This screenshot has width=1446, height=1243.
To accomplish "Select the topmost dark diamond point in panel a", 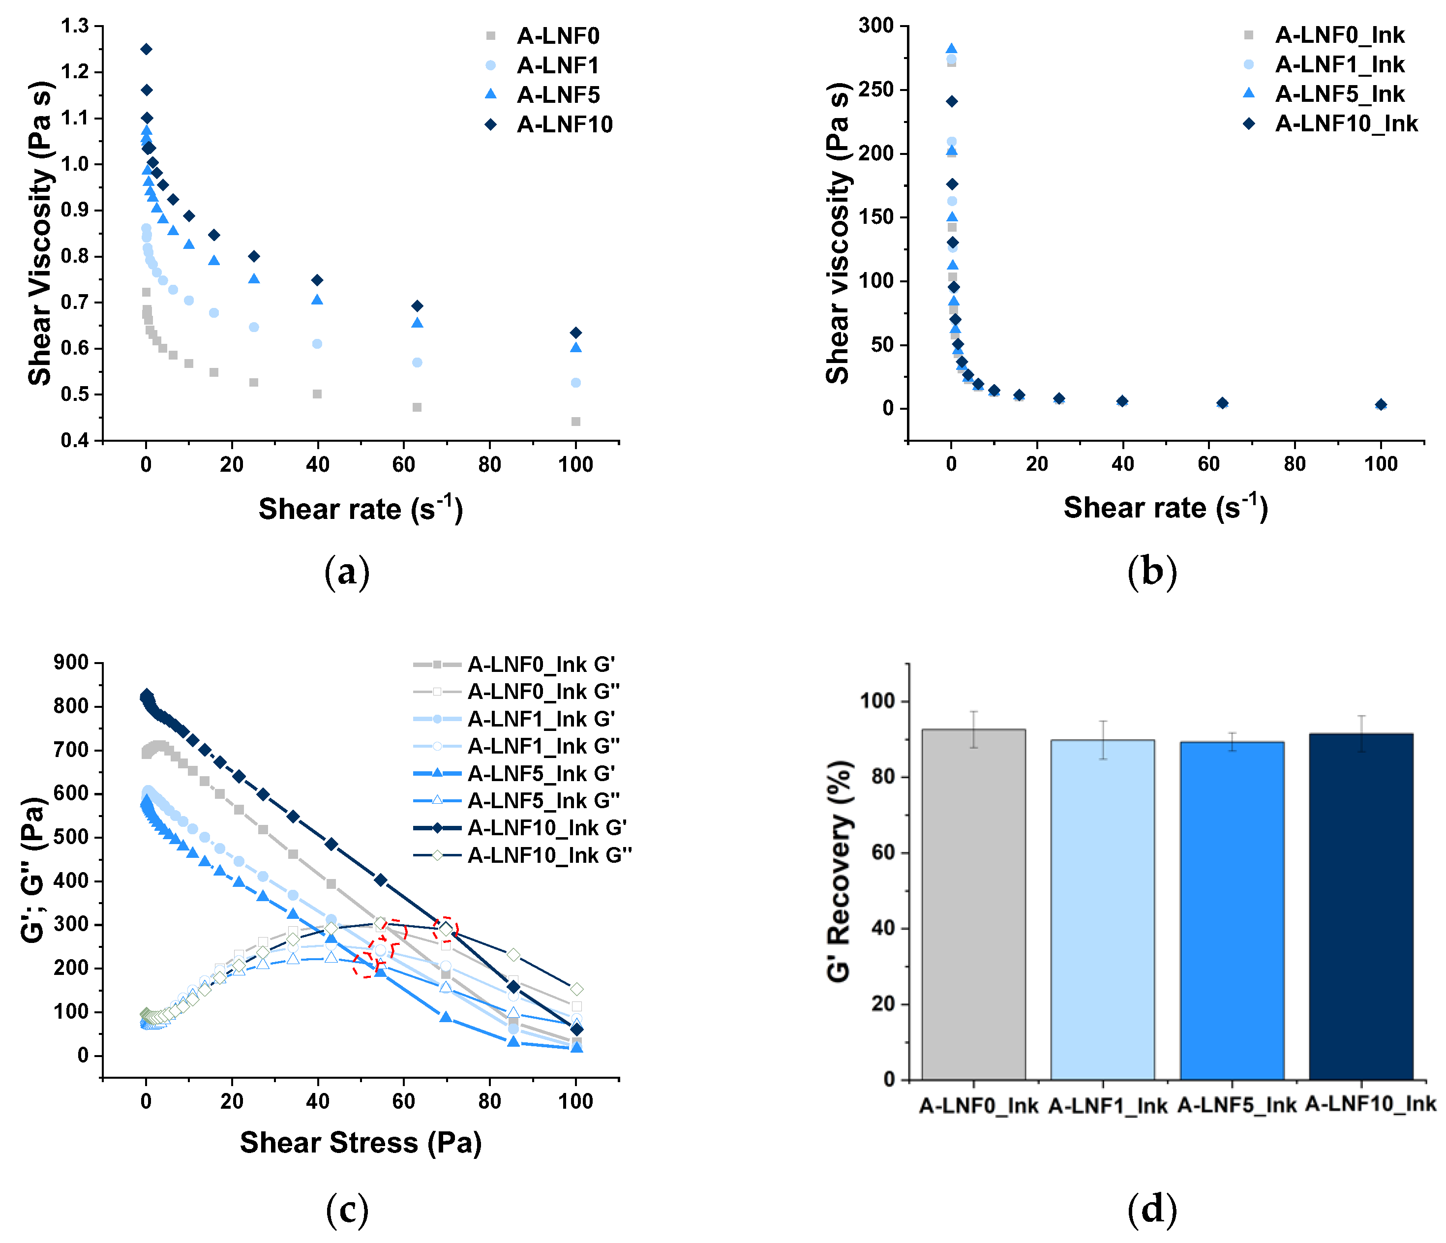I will [x=146, y=49].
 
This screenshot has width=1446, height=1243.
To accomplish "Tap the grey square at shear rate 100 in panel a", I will [x=576, y=421].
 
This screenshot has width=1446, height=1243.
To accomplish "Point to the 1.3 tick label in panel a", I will [x=75, y=27].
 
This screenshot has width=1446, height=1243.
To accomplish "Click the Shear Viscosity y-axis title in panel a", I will [x=40, y=234].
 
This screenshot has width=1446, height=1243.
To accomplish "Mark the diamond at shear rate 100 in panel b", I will [x=1381, y=405].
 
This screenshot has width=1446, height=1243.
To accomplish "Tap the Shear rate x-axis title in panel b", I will [x=1166, y=508].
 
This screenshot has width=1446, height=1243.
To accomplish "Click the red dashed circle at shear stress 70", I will [x=445, y=929].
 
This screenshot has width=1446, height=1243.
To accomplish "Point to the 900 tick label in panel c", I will [x=71, y=663].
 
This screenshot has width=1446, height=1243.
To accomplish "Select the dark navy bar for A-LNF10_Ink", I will [x=1361, y=908].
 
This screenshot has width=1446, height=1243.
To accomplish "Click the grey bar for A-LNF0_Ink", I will [x=973, y=908].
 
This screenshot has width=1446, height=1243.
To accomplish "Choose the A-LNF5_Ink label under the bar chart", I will [x=1236, y=1105].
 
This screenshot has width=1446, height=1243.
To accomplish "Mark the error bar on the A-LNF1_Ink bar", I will [x=1103, y=740].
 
